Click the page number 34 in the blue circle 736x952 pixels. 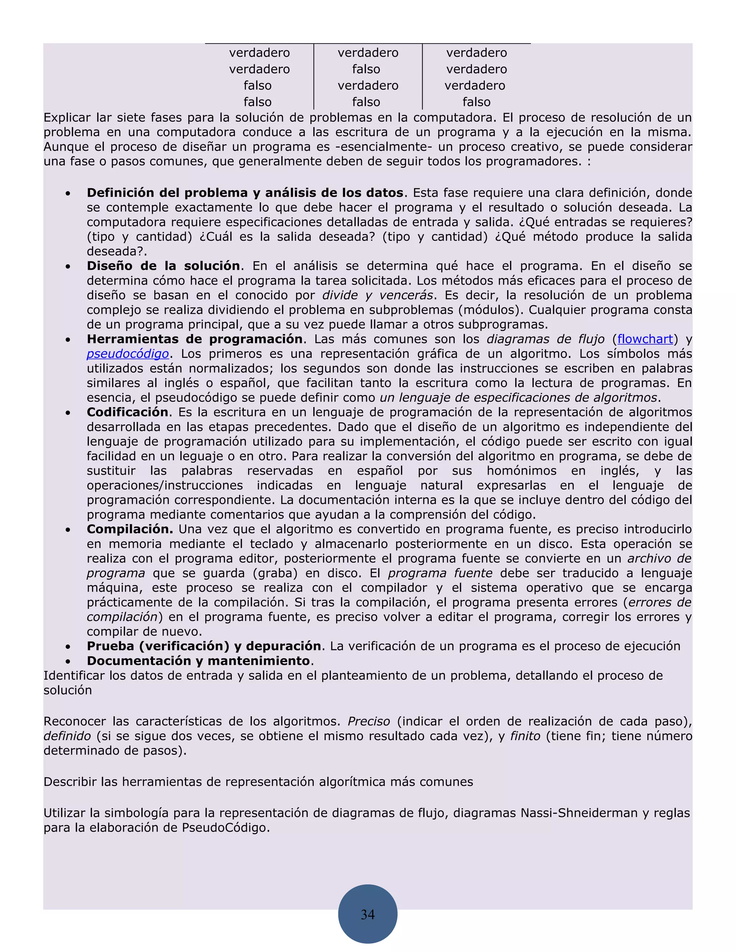[368, 914]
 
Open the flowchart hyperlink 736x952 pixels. [645, 339]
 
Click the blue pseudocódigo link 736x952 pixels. [128, 353]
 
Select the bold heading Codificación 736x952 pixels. [127, 412]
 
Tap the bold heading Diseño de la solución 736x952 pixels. [163, 266]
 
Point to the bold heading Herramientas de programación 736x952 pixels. [194, 339]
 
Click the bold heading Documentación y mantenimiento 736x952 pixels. [198, 661]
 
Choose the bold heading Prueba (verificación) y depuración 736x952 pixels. [204, 646]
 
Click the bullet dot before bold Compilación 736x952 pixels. [68, 530]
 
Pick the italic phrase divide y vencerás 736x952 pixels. [378, 295]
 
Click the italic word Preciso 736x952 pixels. [368, 721]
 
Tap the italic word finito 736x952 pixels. [525, 736]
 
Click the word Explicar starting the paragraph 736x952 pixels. [67, 118]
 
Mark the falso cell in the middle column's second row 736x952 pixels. [366, 69]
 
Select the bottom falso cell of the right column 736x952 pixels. [476, 102]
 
